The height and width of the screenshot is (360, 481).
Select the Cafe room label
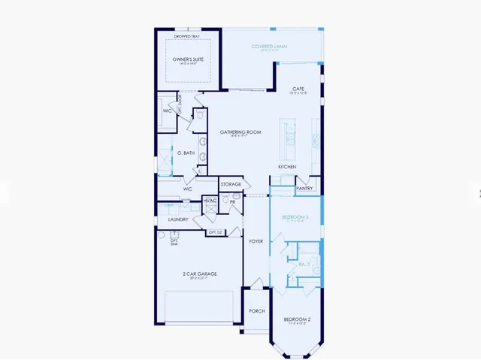[x=298, y=89]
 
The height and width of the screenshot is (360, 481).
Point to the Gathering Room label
[x=240, y=132]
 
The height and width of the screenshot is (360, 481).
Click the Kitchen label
[x=288, y=167]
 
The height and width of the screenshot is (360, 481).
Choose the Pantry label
[x=304, y=189]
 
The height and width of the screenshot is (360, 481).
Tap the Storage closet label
[x=231, y=184]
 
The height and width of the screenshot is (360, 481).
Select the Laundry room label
[x=178, y=219]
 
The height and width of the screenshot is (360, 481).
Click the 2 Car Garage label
[x=200, y=274]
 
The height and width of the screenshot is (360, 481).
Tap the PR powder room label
[x=233, y=202]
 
